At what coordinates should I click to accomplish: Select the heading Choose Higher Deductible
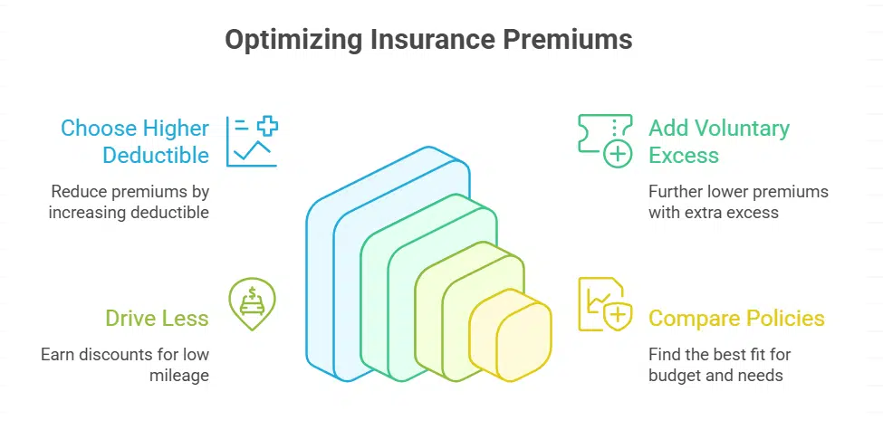[135, 141]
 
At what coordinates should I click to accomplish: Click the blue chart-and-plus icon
[252, 141]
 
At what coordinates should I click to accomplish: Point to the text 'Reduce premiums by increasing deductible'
[130, 202]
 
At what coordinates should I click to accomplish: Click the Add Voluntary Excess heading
[718, 141]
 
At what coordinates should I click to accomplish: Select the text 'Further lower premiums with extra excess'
[738, 202]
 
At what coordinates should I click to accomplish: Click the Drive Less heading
[157, 318]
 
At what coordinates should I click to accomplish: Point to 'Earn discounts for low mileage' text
[125, 363]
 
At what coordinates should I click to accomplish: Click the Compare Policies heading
[736, 318]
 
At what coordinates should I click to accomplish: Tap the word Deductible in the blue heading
[156, 155]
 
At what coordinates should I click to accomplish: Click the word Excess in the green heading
[684, 155]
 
